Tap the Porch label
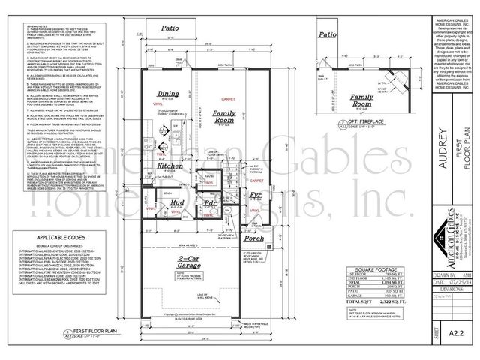point(253,240)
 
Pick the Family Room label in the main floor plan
point(223,116)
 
